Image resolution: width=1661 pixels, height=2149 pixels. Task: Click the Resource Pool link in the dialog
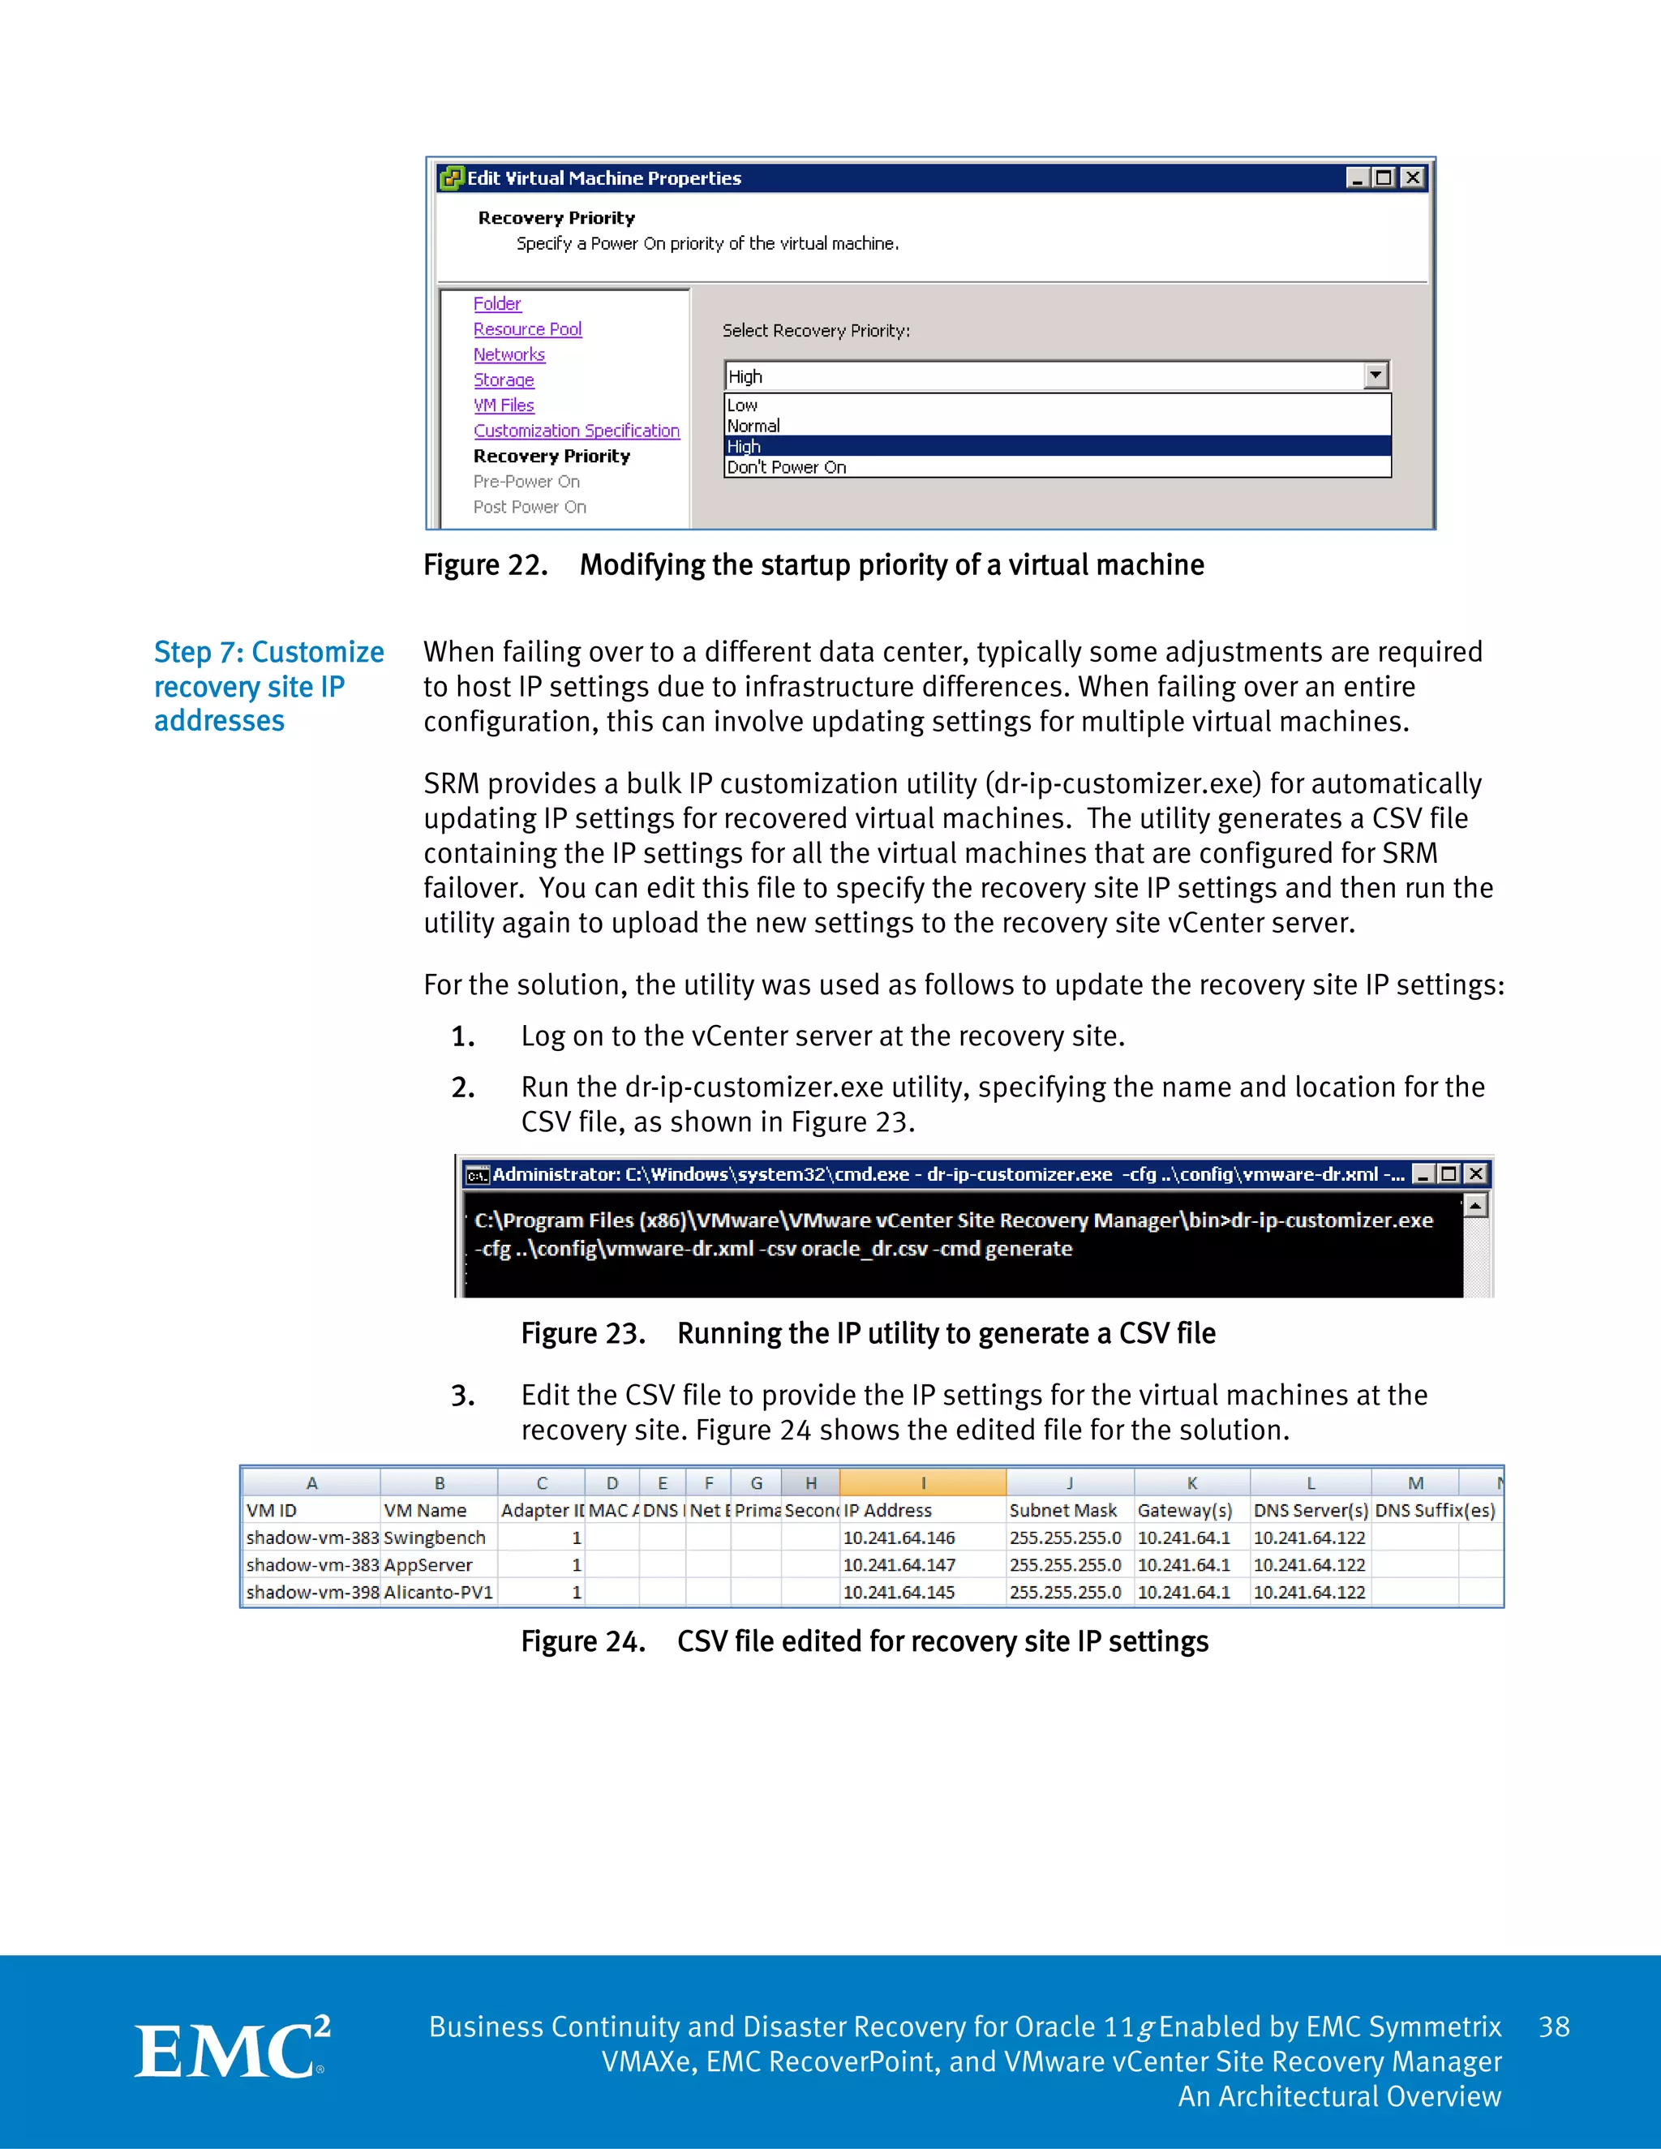pos(527,329)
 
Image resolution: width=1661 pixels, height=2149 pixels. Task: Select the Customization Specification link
pos(577,431)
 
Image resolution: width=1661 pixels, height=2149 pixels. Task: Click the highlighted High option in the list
pos(745,447)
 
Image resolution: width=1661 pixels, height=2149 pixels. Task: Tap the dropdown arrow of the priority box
pos(1376,376)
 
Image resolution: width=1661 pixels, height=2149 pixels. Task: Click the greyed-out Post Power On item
pos(530,507)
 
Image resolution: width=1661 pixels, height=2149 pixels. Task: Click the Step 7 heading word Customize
pos(318,652)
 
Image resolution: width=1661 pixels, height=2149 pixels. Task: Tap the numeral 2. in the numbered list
pos(462,1087)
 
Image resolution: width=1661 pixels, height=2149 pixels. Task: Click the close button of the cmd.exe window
pos(1475,1174)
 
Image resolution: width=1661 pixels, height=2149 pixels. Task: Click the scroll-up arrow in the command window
pos(1475,1205)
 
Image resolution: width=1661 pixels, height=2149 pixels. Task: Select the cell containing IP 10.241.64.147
pos(899,1564)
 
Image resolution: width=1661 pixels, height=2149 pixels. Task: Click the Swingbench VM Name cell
pos(435,1538)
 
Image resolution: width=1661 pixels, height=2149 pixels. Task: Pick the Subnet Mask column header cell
pos(1064,1511)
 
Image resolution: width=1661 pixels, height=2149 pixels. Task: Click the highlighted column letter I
pos(922,1484)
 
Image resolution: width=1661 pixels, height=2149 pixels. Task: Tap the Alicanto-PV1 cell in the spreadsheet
pos(438,1592)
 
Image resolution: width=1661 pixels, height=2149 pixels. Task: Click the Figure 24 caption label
pos(582,1642)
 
